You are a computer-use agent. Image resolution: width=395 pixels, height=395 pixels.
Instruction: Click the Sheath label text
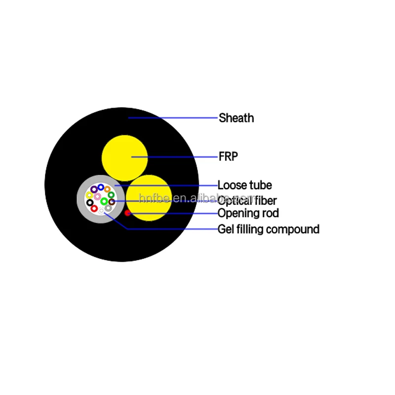click(236, 118)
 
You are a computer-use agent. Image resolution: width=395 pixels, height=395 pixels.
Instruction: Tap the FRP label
click(228, 157)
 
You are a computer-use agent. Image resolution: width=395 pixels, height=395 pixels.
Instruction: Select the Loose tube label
click(244, 186)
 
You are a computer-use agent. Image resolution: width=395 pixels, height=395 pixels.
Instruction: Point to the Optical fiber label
click(247, 200)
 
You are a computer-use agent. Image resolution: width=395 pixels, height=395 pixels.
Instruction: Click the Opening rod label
click(248, 213)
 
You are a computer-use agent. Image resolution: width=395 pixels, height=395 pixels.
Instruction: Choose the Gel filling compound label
click(268, 229)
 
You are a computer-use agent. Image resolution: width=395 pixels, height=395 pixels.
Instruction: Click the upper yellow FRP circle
click(124, 158)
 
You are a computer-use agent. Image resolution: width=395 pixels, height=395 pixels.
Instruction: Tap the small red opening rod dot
click(127, 213)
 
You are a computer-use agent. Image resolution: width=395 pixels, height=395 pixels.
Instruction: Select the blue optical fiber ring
click(101, 187)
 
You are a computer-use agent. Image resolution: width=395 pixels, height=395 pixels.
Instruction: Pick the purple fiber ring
click(94, 189)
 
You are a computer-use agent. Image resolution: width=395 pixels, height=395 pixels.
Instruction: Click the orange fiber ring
click(107, 189)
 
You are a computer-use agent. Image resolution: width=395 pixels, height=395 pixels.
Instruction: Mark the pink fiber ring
click(97, 197)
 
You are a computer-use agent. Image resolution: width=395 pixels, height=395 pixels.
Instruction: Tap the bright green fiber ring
click(104, 201)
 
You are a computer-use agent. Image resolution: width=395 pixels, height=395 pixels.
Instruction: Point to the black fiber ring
click(89, 202)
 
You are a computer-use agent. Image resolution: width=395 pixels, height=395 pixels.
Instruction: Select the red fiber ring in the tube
click(94, 208)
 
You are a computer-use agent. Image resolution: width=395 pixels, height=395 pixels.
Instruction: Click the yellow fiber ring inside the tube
click(89, 195)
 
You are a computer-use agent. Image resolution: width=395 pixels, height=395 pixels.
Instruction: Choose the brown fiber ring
click(112, 201)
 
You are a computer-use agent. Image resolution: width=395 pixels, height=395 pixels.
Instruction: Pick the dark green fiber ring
click(112, 195)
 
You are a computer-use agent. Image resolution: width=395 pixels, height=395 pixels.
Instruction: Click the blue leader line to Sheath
click(173, 118)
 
